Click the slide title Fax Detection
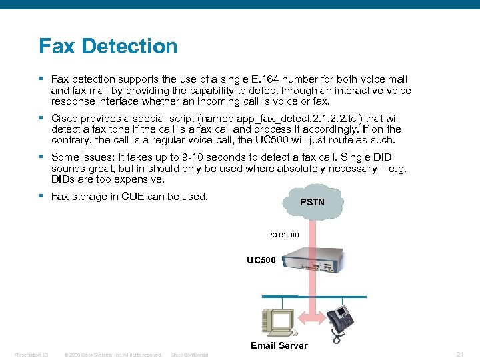(108, 46)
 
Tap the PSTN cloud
(311, 201)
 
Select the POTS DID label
(283, 235)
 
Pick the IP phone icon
(339, 320)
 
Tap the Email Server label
(279, 345)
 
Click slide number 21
(460, 354)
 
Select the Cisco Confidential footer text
(189, 355)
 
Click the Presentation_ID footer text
(31, 355)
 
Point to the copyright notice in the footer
(113, 355)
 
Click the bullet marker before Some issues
(41, 157)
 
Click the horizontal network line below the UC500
(313, 296)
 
